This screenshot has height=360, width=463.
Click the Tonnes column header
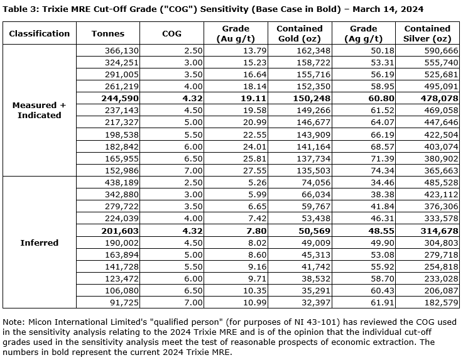point(108,33)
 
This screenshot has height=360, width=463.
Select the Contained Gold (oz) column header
point(300,33)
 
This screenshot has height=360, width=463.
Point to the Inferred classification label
point(39,243)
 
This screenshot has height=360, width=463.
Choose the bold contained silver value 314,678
point(433,232)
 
